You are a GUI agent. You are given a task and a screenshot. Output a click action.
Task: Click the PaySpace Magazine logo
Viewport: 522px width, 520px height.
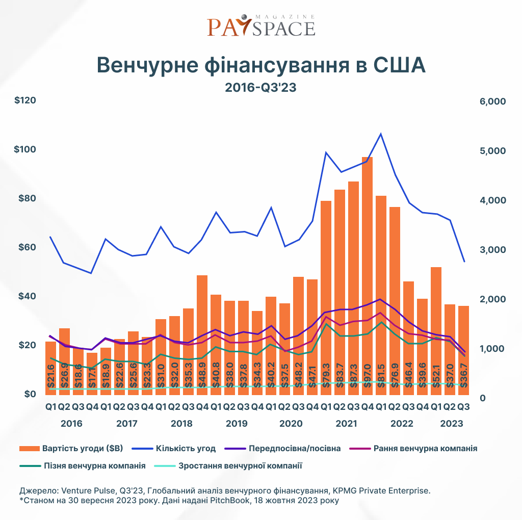tap(260, 25)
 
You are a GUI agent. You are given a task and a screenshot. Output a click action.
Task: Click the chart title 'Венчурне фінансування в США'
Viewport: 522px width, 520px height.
tap(260, 65)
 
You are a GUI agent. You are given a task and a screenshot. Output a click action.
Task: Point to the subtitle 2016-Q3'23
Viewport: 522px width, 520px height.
tap(260, 88)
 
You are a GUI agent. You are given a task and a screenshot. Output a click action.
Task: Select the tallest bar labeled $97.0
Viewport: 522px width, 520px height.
tap(368, 275)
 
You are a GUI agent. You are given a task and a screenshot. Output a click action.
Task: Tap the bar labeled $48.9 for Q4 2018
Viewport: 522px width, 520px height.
tap(202, 334)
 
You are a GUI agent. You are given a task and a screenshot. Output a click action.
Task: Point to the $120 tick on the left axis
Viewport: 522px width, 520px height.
tap(25, 100)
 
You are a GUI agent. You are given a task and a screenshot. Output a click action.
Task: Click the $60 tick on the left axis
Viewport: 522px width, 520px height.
tap(25, 247)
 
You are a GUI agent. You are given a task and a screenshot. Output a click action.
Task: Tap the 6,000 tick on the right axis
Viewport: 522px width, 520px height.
tap(492, 101)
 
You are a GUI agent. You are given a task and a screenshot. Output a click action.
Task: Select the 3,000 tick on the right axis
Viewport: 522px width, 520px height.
tap(492, 250)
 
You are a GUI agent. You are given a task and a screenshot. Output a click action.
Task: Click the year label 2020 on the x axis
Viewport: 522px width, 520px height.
tap(292, 424)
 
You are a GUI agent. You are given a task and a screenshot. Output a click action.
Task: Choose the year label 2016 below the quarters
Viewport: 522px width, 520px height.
tap(71, 424)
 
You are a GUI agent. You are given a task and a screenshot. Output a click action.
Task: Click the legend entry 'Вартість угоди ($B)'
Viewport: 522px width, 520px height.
tap(71, 449)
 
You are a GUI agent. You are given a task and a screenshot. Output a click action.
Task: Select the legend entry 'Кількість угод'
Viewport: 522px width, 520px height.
tap(174, 449)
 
